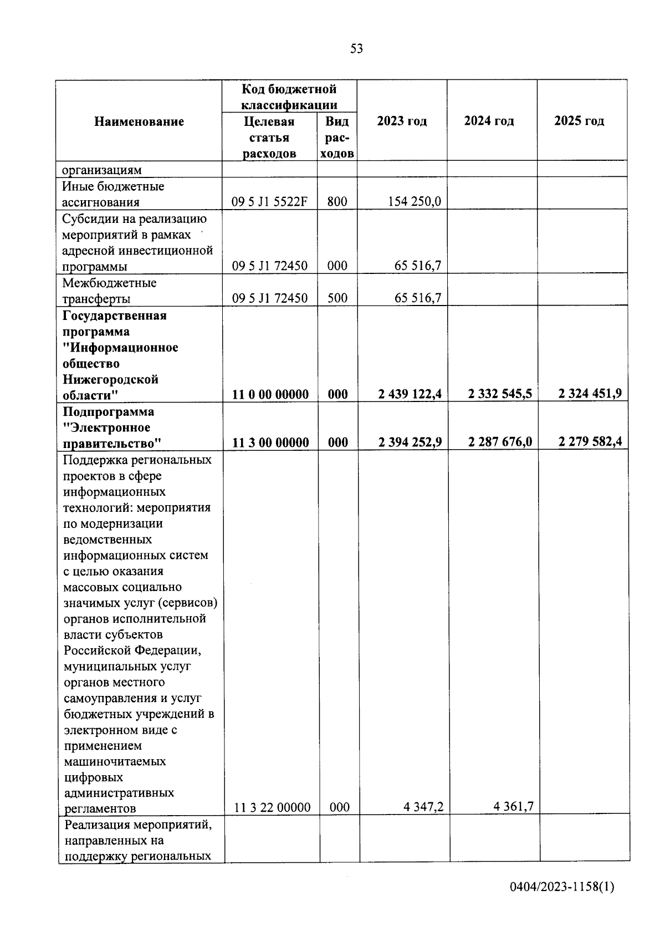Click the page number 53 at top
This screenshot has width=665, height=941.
357,49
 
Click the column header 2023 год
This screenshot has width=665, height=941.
402,121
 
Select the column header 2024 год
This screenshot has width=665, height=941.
489,121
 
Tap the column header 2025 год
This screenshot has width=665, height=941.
579,121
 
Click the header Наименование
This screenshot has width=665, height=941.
139,121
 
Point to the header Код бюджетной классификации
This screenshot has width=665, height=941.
289,96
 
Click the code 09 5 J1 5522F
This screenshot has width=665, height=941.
269,202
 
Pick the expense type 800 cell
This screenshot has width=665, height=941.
337,202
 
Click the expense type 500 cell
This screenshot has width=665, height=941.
337,298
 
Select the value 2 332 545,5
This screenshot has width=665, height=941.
500,394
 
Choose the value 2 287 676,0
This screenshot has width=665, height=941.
500,442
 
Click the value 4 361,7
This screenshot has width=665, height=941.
513,806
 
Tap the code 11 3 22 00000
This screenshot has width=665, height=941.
272,807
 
